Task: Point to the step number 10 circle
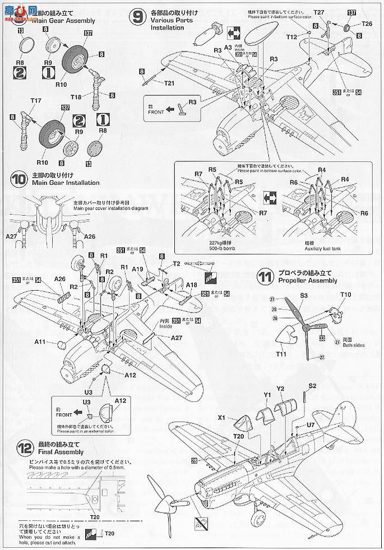18,179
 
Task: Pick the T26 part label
366,24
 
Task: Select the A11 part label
39,342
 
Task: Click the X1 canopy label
221,417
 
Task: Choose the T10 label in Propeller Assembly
345,295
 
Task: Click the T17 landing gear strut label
36,101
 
